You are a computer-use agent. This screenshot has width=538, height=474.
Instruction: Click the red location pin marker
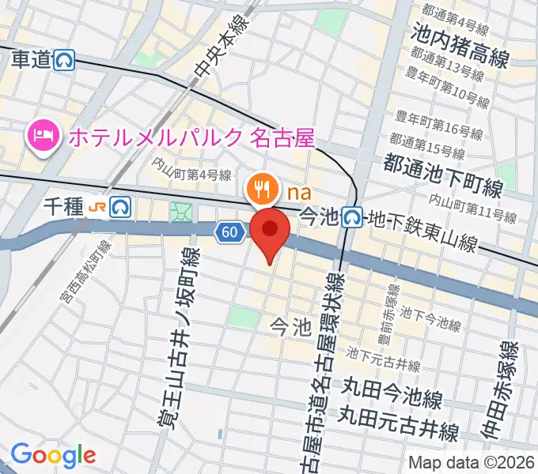pyautogui.click(x=270, y=231)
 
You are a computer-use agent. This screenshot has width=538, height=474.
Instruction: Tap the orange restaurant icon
pyautogui.click(x=261, y=189)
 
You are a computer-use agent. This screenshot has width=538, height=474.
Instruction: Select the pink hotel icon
pyautogui.click(x=42, y=137)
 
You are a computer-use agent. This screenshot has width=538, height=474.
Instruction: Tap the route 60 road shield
pyautogui.click(x=229, y=231)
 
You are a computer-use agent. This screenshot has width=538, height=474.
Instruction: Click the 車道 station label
pyautogui.click(x=31, y=61)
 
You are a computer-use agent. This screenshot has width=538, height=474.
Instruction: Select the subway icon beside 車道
pyautogui.click(x=65, y=61)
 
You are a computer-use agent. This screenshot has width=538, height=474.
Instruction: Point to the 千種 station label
pyautogui.click(x=64, y=206)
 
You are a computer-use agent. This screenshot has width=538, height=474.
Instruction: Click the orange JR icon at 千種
pyautogui.click(x=99, y=207)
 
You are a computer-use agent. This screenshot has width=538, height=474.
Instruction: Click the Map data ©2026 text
pyautogui.click(x=470, y=462)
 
